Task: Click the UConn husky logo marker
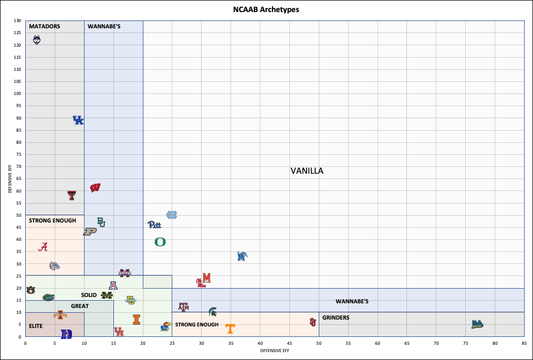point(36,40)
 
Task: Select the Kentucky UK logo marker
point(78,120)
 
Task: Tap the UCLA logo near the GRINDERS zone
point(477,324)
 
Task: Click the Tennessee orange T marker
point(230,329)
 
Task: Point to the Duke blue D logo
point(67,334)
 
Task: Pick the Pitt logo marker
point(154,225)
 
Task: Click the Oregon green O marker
point(160,242)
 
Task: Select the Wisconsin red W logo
point(96,188)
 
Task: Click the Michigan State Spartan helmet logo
point(213,312)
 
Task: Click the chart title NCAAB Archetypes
point(266,9)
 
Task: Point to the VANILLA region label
point(307,171)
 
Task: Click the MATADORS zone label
point(45,26)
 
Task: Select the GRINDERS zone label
point(336,318)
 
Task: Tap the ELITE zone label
point(36,326)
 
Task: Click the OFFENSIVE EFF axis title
point(275,351)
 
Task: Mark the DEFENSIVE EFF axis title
point(10,178)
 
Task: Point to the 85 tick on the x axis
point(524,343)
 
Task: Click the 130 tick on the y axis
point(18,21)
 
